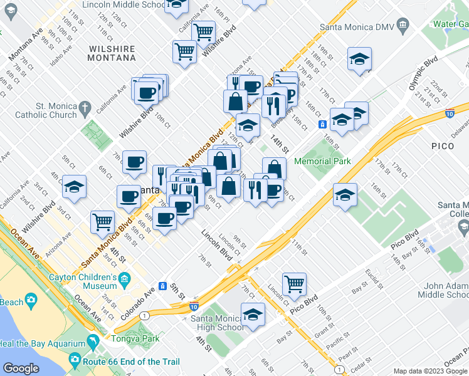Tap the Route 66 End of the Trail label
click(130, 362)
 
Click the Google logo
click(21, 368)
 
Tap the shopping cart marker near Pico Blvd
click(294, 284)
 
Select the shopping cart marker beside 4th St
click(103, 221)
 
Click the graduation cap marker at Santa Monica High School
click(253, 314)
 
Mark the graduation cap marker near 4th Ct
click(75, 187)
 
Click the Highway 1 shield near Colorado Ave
click(145, 315)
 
